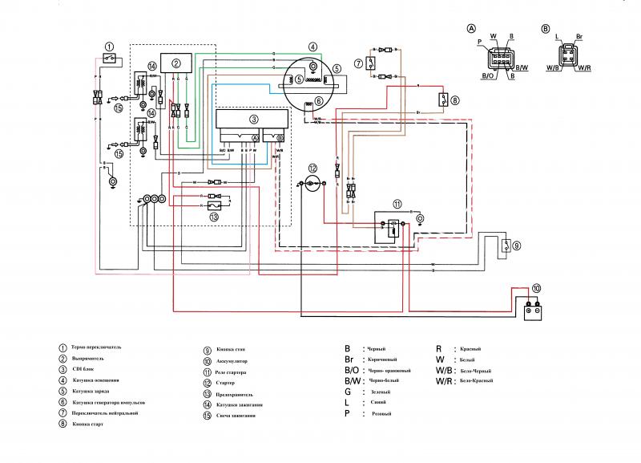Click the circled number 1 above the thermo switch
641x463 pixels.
coord(109,47)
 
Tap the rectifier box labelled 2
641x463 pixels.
coord(177,63)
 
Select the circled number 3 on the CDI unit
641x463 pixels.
coord(254,119)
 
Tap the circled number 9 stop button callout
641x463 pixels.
coord(517,246)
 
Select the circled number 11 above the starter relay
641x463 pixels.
coord(397,205)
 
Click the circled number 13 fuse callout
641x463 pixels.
coord(214,216)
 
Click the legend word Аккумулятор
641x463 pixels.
coord(232,361)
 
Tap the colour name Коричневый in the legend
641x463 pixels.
coord(382,360)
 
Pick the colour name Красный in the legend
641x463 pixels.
coord(471,349)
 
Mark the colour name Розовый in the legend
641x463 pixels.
coord(379,413)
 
